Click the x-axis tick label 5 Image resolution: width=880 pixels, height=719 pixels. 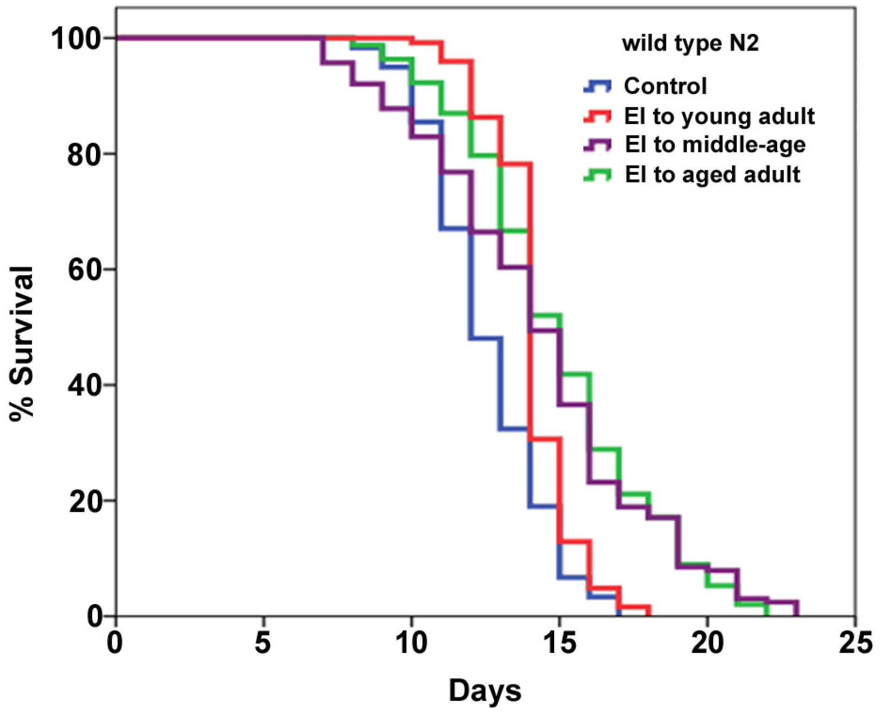click(263, 644)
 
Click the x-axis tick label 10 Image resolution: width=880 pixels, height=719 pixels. click(412, 644)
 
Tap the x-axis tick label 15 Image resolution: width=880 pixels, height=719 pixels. click(559, 644)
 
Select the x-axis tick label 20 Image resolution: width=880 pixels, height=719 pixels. click(707, 644)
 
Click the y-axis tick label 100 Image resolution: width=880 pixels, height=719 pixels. click(76, 38)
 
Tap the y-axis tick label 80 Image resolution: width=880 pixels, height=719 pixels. click(84, 154)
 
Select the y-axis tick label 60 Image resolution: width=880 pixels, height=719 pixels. click(84, 270)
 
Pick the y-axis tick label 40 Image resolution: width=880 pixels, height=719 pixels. click(84, 385)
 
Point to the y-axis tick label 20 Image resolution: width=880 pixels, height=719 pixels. click(84, 501)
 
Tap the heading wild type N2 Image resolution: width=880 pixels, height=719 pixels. click(690, 44)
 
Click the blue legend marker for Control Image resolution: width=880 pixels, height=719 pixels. click(597, 86)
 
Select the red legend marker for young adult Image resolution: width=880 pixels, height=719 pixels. click(597, 116)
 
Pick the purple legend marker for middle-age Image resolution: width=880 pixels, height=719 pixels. click(597, 145)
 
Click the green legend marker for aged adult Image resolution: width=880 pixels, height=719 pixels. click(597, 175)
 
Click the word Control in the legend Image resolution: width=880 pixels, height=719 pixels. click(665, 86)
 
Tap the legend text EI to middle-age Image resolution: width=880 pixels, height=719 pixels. click(715, 145)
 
